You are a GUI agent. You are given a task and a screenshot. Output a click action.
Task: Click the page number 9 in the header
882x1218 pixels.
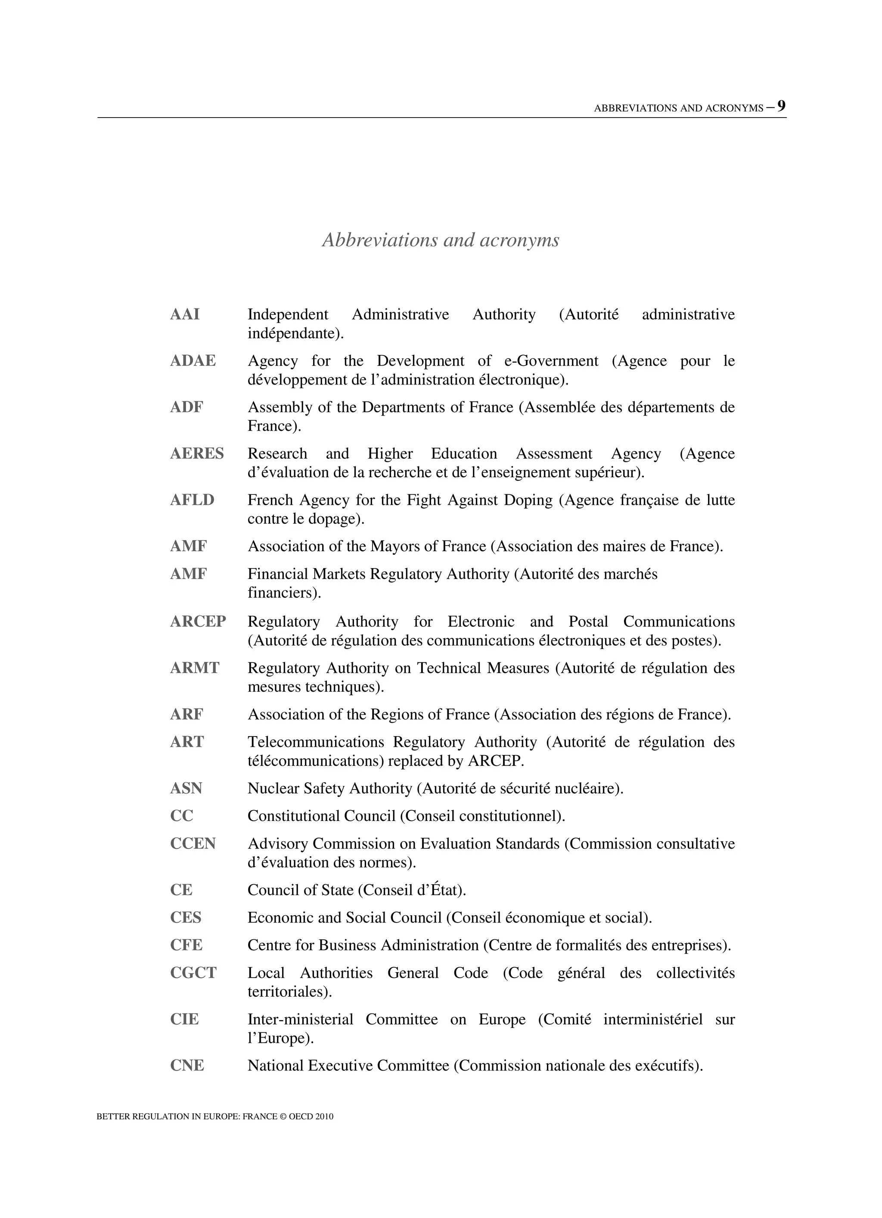point(781,106)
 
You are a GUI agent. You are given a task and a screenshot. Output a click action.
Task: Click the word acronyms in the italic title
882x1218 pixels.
point(519,240)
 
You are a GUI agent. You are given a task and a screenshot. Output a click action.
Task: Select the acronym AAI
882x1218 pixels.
point(185,314)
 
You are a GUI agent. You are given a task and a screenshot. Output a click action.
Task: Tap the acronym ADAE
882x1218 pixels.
point(193,360)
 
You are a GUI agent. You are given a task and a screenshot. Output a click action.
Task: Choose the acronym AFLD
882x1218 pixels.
point(192,500)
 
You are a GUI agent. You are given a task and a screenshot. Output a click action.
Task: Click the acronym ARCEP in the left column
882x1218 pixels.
point(198,621)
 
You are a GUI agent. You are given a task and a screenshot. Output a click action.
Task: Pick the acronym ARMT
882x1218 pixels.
point(195,668)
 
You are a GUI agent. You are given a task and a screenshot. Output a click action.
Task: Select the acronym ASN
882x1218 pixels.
point(186,788)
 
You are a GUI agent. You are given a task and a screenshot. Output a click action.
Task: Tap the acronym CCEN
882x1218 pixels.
point(193,843)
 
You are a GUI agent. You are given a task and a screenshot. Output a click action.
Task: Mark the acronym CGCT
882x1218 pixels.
point(193,973)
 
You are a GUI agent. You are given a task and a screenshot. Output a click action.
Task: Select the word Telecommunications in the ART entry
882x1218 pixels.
point(316,742)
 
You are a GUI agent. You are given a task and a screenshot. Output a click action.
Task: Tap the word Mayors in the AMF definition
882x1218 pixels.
point(395,546)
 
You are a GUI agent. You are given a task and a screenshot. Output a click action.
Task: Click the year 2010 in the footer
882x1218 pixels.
point(324,1116)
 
